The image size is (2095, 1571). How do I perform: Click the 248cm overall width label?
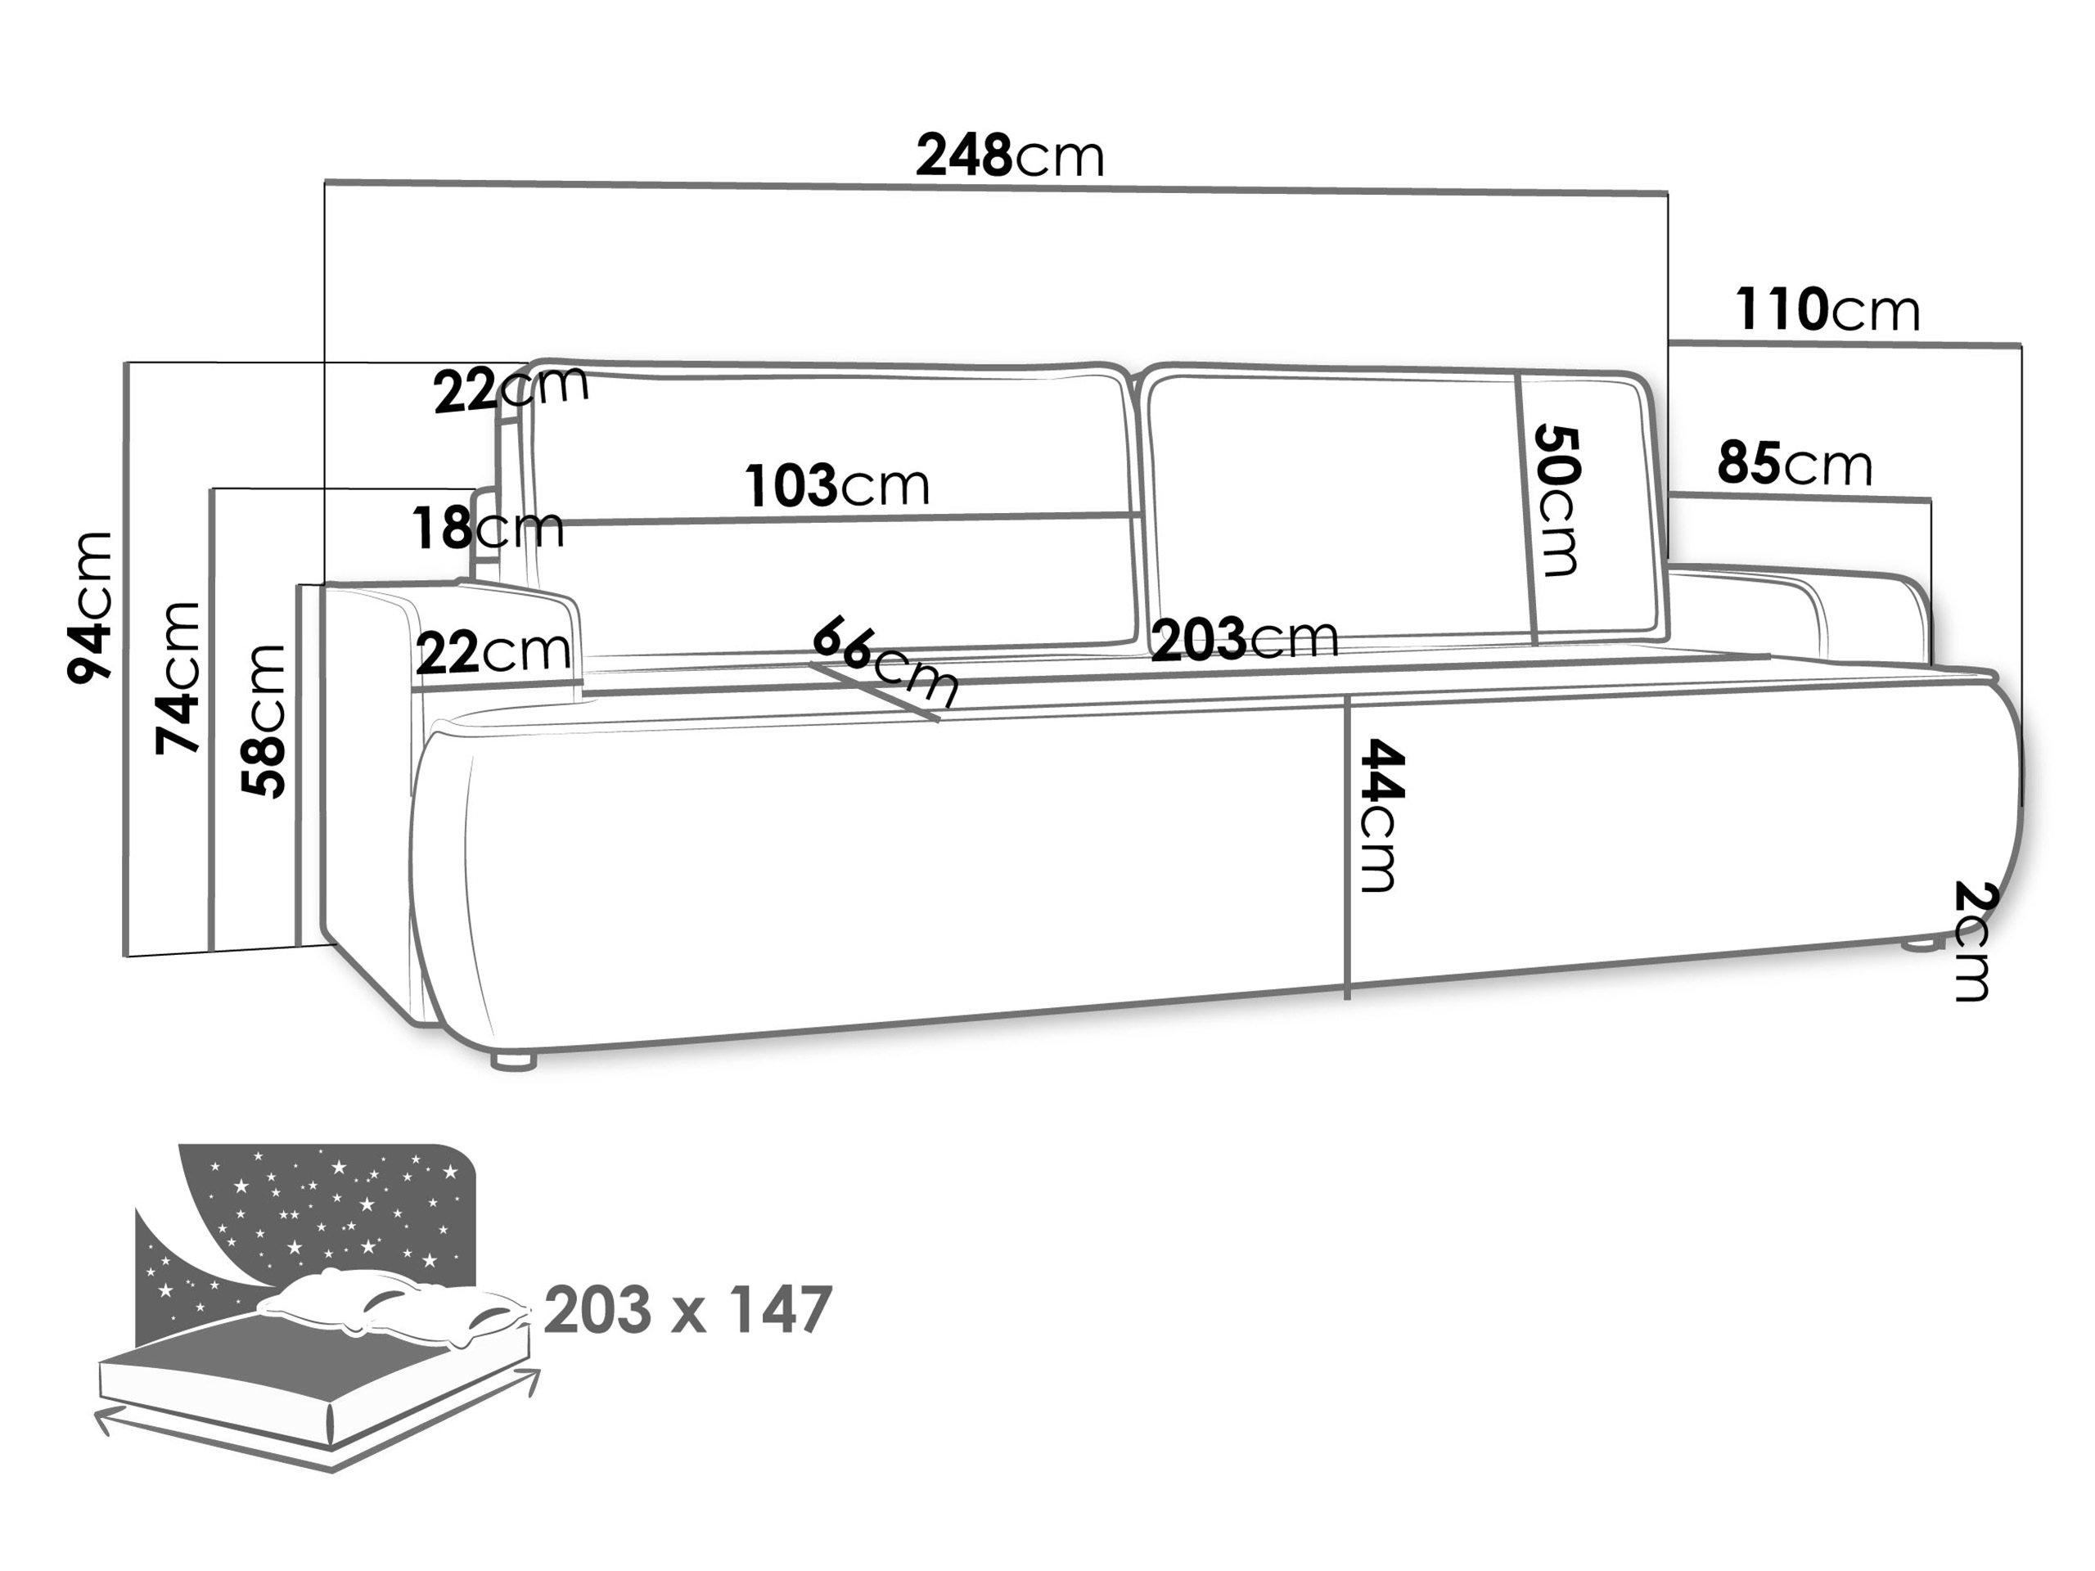pyautogui.click(x=1010, y=156)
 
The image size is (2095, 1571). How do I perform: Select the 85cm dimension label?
pyautogui.click(x=1795, y=464)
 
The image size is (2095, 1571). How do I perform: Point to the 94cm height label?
pyautogui.click(x=91, y=607)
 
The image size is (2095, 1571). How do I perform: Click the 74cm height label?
pyautogui.click(x=179, y=677)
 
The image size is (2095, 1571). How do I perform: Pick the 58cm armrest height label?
pyautogui.click(x=264, y=721)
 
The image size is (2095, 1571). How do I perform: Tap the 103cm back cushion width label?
pyautogui.click(x=837, y=486)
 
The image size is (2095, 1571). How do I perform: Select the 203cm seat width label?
pyautogui.click(x=1245, y=639)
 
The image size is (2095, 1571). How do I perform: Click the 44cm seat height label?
pyautogui.click(x=1382, y=815)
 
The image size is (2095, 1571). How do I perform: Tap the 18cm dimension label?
pyautogui.click(x=488, y=529)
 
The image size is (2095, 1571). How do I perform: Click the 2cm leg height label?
pyautogui.click(x=1974, y=940)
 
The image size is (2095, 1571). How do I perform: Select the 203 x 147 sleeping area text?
pyautogui.click(x=688, y=1311)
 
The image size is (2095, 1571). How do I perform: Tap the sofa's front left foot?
pyautogui.click(x=514, y=1061)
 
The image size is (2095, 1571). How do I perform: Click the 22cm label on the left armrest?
pyautogui.click(x=493, y=652)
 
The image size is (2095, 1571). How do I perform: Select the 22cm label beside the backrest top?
pyautogui.click(x=511, y=389)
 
